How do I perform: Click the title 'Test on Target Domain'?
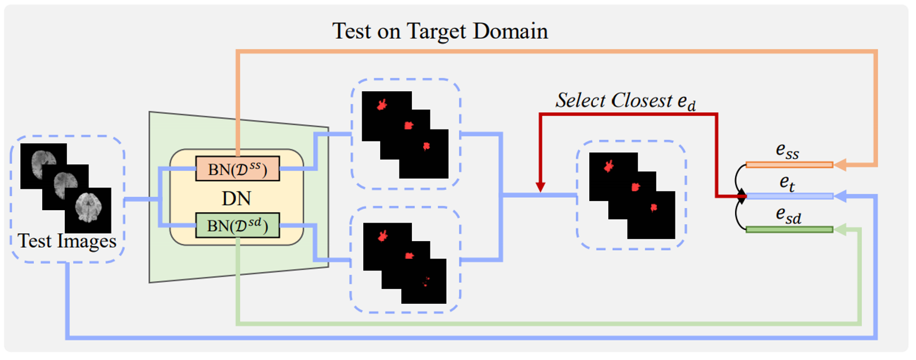pyautogui.click(x=439, y=31)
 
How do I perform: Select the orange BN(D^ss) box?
pyautogui.click(x=237, y=169)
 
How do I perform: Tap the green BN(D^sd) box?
pyautogui.click(x=237, y=226)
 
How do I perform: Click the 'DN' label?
pyautogui.click(x=236, y=198)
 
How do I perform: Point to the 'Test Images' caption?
pyautogui.click(x=67, y=241)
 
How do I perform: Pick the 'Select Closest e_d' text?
pyautogui.click(x=625, y=101)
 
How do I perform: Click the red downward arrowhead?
pyautogui.click(x=540, y=187)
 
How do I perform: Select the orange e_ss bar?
pyautogui.click(x=789, y=165)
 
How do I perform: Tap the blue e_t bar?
pyautogui.click(x=789, y=197)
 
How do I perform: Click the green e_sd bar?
pyautogui.click(x=789, y=229)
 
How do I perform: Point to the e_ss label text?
pyautogui.click(x=787, y=150)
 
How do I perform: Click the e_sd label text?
pyautogui.click(x=788, y=215)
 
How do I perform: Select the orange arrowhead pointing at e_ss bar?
pyautogui.click(x=840, y=165)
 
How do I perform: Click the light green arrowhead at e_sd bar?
pyautogui.click(x=840, y=229)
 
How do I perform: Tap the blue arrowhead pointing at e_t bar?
pyautogui.click(x=840, y=196)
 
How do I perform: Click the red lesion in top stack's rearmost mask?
pyautogui.click(x=382, y=104)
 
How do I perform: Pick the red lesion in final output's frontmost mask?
pyautogui.click(x=653, y=208)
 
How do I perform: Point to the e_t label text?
pyautogui.click(x=787, y=183)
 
